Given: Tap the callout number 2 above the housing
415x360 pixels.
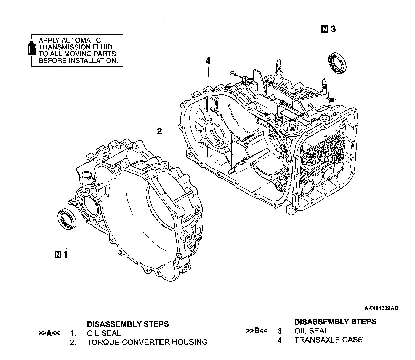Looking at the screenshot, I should pyautogui.click(x=159, y=131).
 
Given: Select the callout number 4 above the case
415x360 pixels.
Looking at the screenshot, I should pyautogui.click(x=208, y=61).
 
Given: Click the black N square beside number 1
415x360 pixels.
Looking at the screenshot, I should pyautogui.click(x=57, y=254).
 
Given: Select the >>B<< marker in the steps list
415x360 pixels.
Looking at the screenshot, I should pyautogui.click(x=257, y=331).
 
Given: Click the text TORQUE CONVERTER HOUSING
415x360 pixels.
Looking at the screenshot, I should pyautogui.click(x=147, y=342).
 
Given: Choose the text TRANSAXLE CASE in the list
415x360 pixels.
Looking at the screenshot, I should pyautogui.click(x=328, y=340).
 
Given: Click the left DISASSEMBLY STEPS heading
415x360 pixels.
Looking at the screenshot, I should pyautogui.click(x=128, y=324).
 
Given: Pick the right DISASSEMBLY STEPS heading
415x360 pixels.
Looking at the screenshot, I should pyautogui.click(x=335, y=322).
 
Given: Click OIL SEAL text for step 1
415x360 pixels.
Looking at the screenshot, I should pyautogui.click(x=104, y=333).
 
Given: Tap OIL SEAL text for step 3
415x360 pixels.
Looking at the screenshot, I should pyautogui.click(x=311, y=331).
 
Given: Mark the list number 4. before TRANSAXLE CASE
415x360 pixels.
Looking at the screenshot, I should pyautogui.click(x=280, y=340).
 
